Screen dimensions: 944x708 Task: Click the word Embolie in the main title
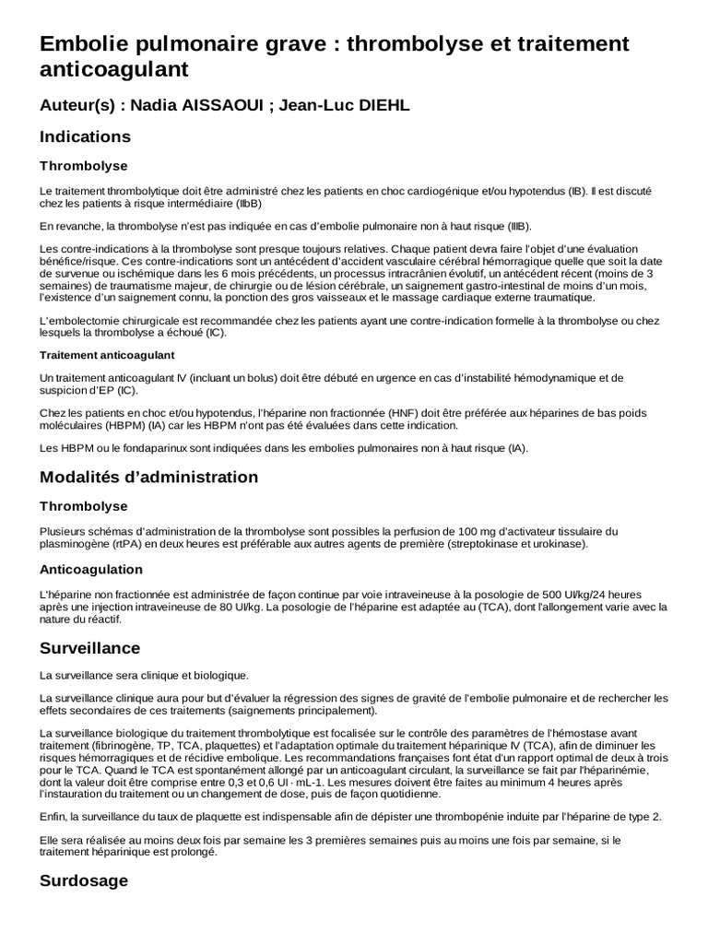[x=84, y=43]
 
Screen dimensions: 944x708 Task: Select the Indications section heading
[x=86, y=137]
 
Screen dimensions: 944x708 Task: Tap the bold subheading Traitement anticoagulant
[x=108, y=355]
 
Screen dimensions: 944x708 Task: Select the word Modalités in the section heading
[x=84, y=478]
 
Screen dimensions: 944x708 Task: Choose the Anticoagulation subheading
[x=91, y=569]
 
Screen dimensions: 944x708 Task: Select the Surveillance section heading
[x=90, y=649]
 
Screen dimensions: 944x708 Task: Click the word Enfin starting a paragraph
[x=53, y=817]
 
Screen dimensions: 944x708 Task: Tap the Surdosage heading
[x=83, y=880]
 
